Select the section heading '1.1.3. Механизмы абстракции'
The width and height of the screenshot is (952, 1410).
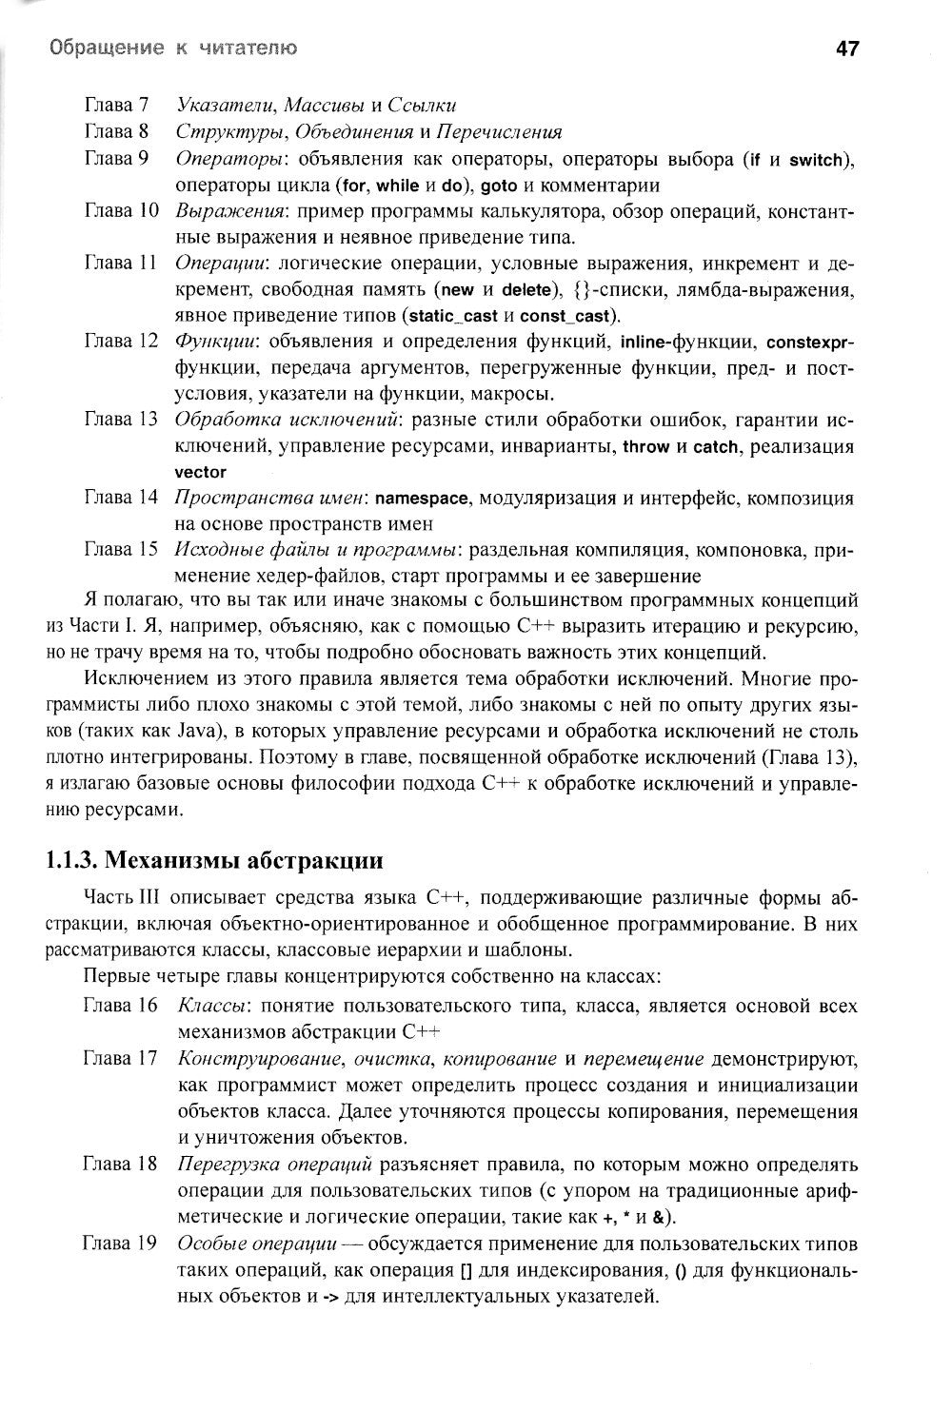tap(214, 862)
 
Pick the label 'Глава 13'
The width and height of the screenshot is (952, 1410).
tap(120, 420)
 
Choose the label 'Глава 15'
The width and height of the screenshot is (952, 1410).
tap(120, 549)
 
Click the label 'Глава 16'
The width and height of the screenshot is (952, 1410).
tap(120, 1005)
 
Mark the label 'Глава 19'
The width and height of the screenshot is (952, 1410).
tap(120, 1244)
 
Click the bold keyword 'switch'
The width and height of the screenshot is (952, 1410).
tap(816, 160)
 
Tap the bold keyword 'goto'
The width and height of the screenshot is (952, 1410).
tap(498, 186)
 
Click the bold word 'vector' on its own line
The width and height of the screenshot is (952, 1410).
tap(200, 473)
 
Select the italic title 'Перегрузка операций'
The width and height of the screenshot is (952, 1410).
tap(274, 1165)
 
